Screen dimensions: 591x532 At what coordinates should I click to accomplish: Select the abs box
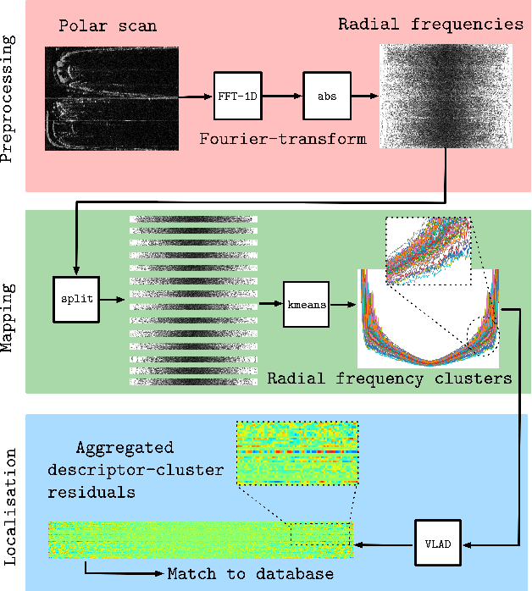pyautogui.click(x=327, y=96)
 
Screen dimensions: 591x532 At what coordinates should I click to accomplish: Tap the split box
pyautogui.click(x=75, y=299)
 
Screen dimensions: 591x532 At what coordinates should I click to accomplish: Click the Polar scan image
pyautogui.click(x=111, y=98)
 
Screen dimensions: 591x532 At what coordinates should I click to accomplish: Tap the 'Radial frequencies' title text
pyautogui.click(x=430, y=24)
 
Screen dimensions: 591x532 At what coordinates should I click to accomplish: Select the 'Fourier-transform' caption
pyautogui.click(x=281, y=139)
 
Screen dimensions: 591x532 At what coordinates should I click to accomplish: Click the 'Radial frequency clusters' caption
pyautogui.click(x=390, y=378)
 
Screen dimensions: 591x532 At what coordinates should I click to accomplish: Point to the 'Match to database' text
pyautogui.click(x=250, y=575)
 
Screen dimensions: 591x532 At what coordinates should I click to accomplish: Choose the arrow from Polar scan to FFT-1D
pyautogui.click(x=196, y=96)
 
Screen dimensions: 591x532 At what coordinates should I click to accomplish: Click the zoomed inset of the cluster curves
pyautogui.click(x=428, y=251)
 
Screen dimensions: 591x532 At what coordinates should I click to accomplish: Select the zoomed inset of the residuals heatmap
pyautogui.click(x=297, y=453)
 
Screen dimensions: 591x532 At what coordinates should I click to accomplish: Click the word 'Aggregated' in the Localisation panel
pyautogui.click(x=125, y=447)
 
